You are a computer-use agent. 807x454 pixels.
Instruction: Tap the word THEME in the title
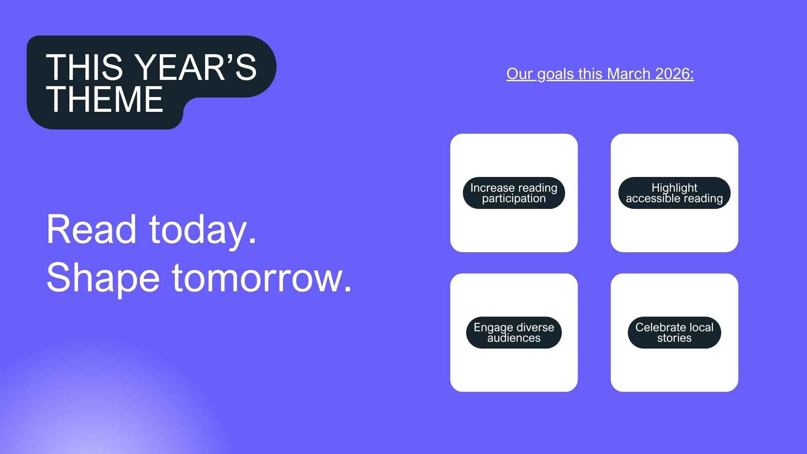point(105,99)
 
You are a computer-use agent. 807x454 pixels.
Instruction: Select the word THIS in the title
point(84,67)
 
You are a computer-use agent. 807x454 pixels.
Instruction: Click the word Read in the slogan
point(92,230)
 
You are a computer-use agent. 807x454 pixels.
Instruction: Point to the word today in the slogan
point(203,230)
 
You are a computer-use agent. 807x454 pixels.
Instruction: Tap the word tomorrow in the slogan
point(261,278)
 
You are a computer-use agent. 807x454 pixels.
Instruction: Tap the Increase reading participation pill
point(514,193)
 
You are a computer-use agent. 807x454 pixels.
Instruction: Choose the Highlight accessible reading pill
point(674,193)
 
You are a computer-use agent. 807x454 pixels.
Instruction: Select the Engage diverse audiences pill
point(514,333)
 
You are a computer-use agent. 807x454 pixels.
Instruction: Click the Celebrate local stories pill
point(674,333)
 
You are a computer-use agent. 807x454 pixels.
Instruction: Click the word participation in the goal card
point(514,198)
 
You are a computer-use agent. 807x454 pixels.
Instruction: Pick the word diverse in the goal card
point(535,327)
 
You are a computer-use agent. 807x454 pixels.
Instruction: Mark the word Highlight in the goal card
point(674,187)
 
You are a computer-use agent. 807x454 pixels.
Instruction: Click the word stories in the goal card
point(674,338)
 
